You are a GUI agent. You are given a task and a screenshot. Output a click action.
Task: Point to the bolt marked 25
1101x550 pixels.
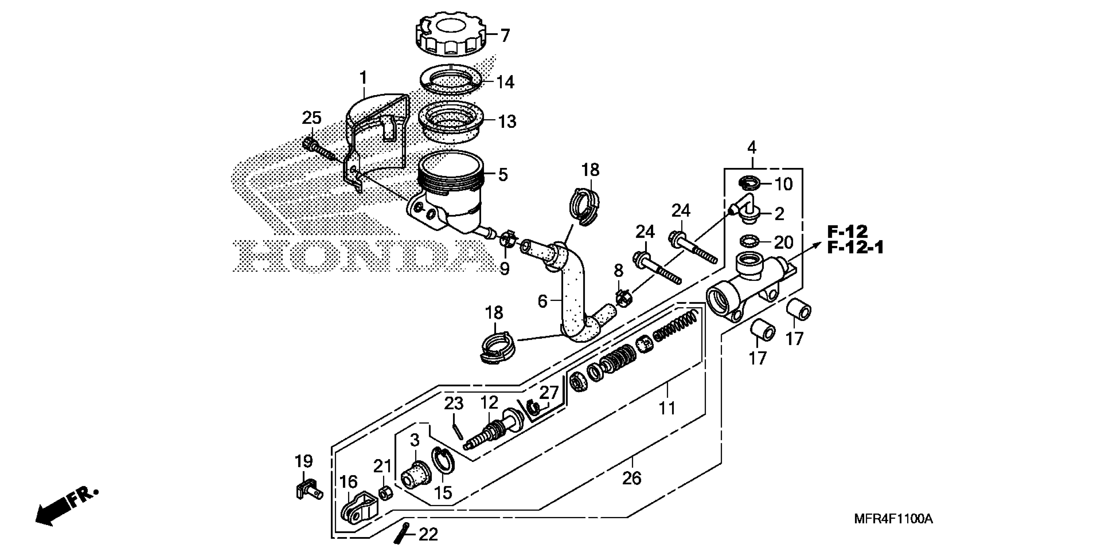(318, 150)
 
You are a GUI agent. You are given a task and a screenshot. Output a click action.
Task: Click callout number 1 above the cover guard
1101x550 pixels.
(363, 78)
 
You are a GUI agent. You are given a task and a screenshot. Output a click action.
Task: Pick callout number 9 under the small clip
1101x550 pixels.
(504, 269)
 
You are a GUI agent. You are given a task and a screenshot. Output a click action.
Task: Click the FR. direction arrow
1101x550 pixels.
(66, 509)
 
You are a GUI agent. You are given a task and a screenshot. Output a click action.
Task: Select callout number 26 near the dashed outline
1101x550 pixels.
(632, 478)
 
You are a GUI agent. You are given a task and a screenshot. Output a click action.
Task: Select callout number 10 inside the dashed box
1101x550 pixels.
(783, 184)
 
